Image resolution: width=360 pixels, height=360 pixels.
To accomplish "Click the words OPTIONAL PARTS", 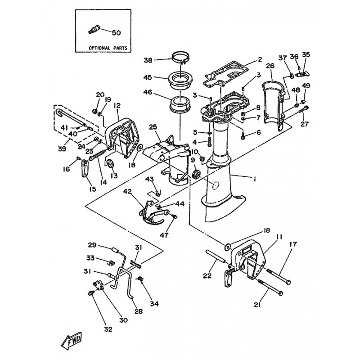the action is coord(108,48).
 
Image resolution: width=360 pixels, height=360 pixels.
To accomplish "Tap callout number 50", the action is coord(116,33).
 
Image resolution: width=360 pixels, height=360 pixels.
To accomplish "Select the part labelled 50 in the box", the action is coord(94,30).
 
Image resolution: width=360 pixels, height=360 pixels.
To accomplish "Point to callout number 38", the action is coord(148,60).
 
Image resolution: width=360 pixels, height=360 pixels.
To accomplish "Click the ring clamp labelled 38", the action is coord(181,58).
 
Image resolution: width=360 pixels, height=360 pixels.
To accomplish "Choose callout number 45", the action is coord(148,77).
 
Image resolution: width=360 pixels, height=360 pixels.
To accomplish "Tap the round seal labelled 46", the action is coord(180,104).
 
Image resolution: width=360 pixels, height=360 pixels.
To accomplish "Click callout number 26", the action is coord(270,66).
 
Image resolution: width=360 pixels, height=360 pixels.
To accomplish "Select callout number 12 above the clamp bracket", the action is coord(117,106).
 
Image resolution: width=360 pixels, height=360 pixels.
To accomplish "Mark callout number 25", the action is coord(153,127).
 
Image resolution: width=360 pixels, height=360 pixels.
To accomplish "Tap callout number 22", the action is coord(207,275).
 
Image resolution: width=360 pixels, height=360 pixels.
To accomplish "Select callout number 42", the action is coord(128,191).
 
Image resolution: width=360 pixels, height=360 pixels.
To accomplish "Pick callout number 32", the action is coord(108,329).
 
